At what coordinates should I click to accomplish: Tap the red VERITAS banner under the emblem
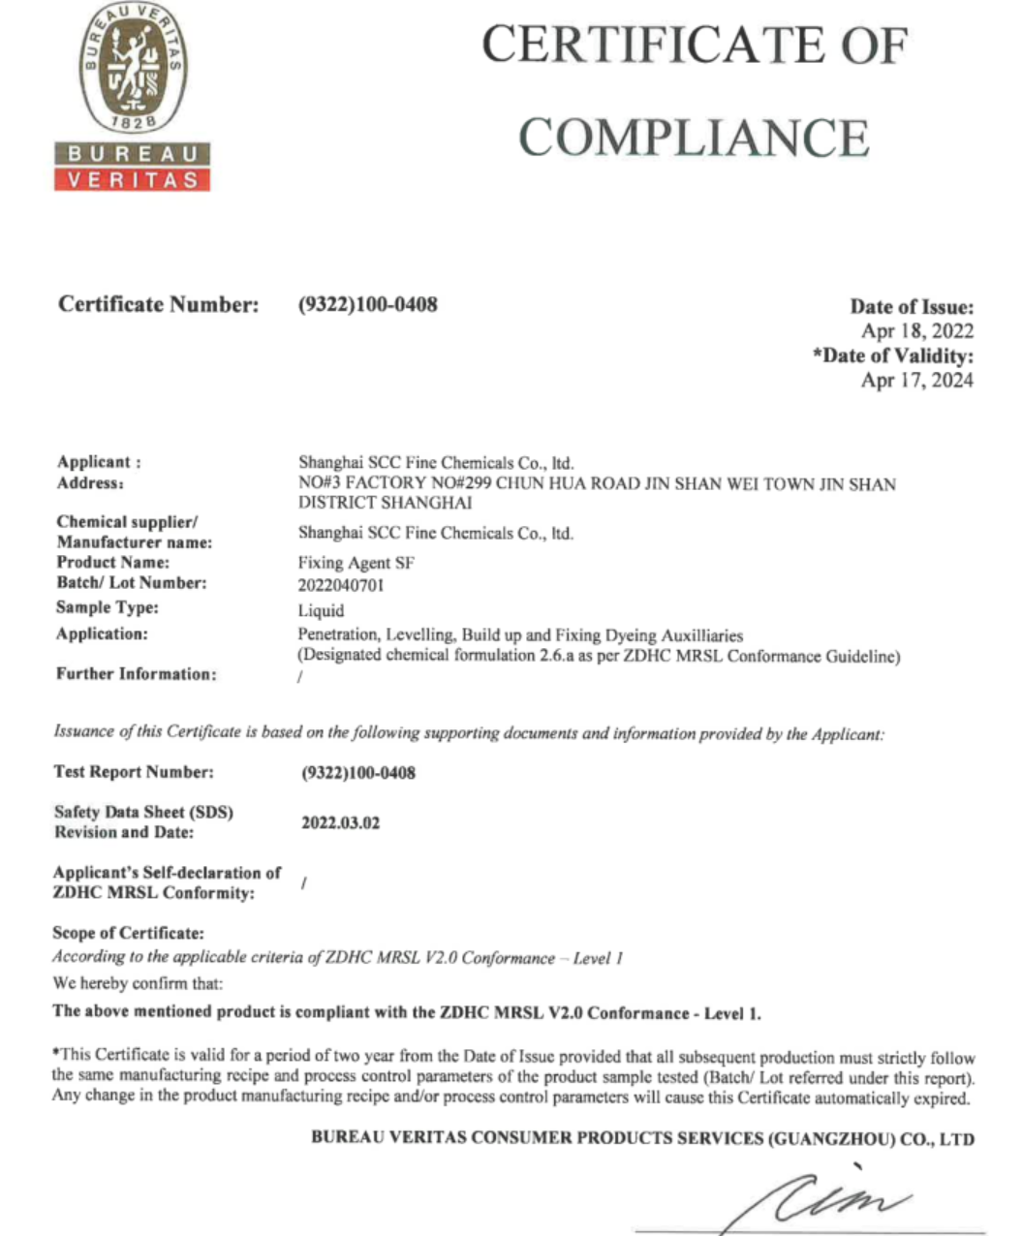click(x=133, y=180)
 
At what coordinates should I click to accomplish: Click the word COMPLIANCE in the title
click(x=694, y=138)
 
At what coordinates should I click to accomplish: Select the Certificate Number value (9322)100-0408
click(x=368, y=304)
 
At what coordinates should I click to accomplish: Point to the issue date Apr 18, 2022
click(x=917, y=331)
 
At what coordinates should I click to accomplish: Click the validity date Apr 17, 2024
click(x=917, y=380)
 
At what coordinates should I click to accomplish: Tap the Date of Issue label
click(x=912, y=307)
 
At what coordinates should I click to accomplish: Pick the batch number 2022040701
click(x=342, y=585)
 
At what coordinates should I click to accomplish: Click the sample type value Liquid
click(x=321, y=610)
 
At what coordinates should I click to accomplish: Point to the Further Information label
click(x=136, y=674)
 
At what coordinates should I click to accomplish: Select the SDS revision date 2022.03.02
click(x=340, y=823)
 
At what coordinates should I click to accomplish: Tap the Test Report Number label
click(x=134, y=772)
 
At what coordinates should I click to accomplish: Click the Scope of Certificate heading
click(x=128, y=934)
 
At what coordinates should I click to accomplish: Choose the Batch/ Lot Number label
click(x=131, y=583)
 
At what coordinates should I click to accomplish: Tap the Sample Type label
click(x=107, y=608)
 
